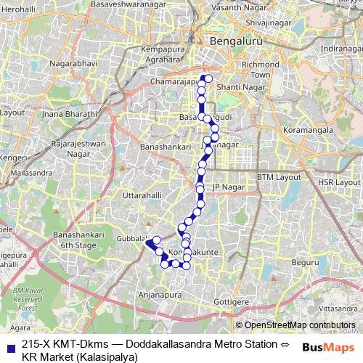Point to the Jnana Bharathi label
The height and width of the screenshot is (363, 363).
pyautogui.click(x=70, y=115)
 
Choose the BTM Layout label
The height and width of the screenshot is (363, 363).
pyautogui.click(x=279, y=177)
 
